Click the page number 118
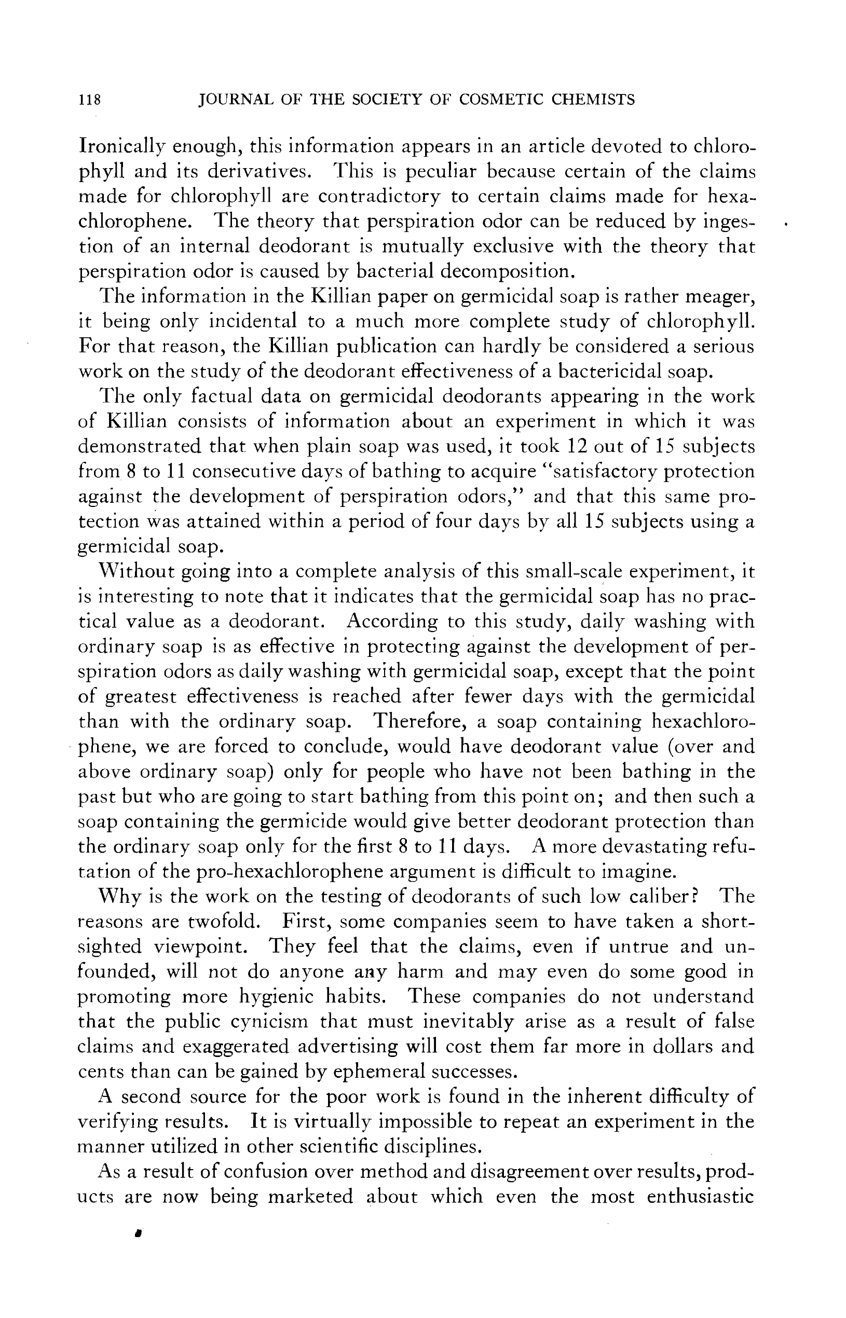click(x=90, y=100)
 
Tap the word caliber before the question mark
click(x=658, y=896)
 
